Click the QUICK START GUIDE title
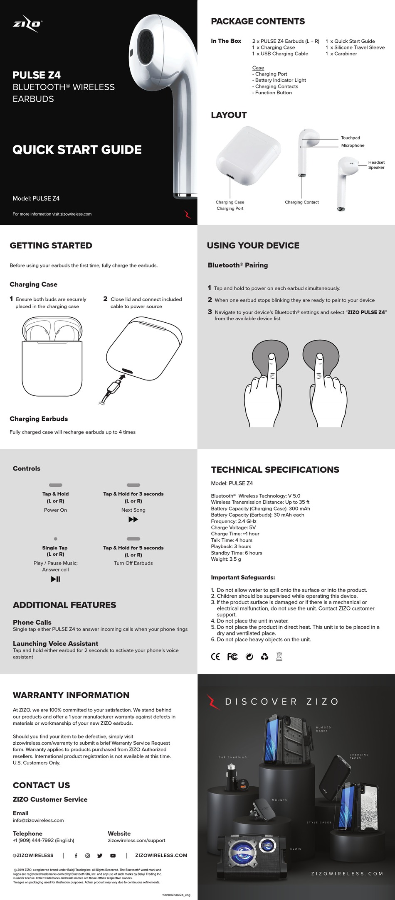coord(77,150)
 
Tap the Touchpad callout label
coord(350,138)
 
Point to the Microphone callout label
coord(353,145)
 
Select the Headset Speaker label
coord(376,165)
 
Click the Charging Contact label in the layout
coord(301,202)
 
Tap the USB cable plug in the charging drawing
coord(114,387)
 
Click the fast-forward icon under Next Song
coord(133,520)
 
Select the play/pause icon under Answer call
coord(55,579)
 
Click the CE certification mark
coord(215,657)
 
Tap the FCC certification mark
coord(232,657)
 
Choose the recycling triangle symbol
coord(264,657)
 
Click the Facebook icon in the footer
coord(76,856)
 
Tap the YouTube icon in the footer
coord(113,856)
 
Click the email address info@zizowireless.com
coord(38,820)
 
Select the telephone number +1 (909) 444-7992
coord(43,840)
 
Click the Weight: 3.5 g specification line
coord(226,559)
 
